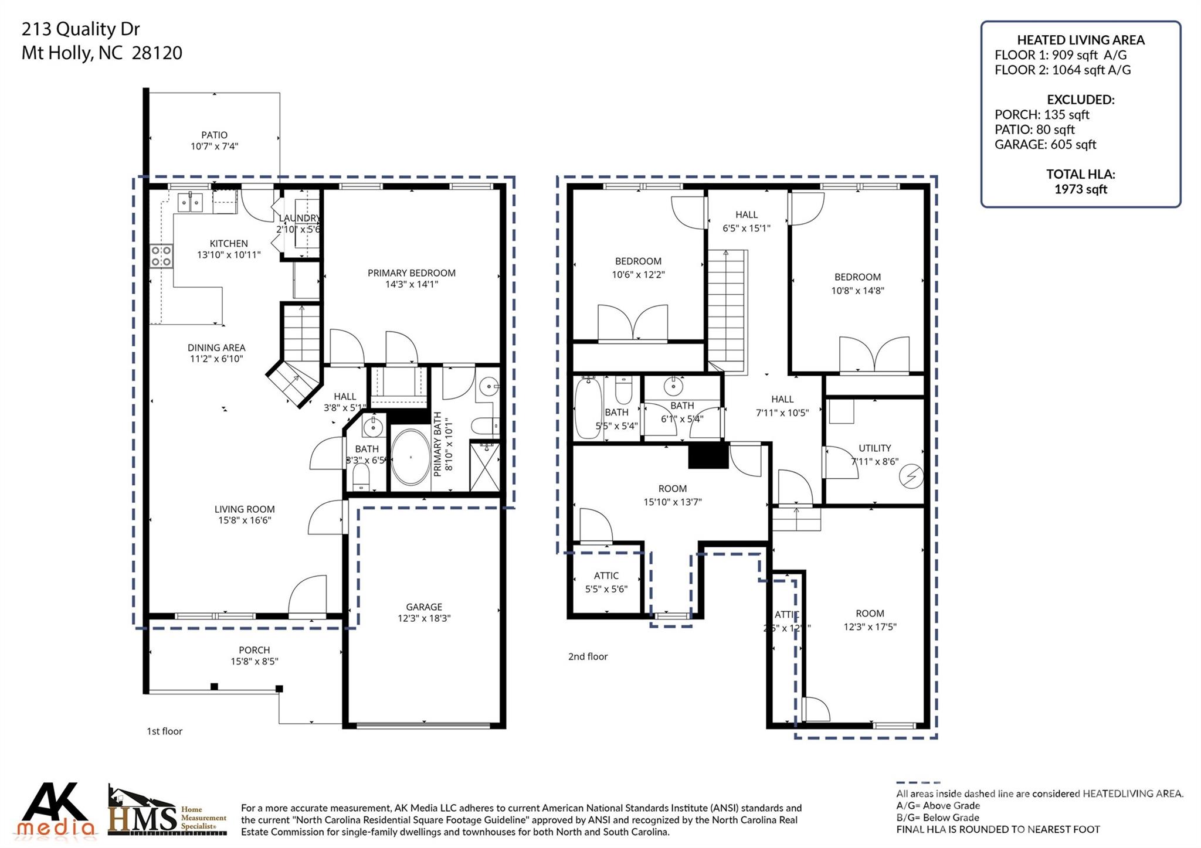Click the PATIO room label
tap(214, 135)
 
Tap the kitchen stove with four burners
tap(161, 256)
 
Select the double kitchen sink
tap(190, 202)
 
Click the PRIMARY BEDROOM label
tap(411, 273)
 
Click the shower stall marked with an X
tap(485, 467)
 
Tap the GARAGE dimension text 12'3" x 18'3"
tap(423, 618)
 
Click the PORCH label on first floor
tap(254, 650)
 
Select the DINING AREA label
tap(216, 348)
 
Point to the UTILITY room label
tap(874, 448)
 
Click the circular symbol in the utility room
tap(911, 476)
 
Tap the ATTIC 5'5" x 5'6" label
tap(606, 582)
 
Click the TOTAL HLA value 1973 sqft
tap(1080, 189)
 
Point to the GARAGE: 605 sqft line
tap(1044, 144)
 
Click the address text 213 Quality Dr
tap(80, 29)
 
